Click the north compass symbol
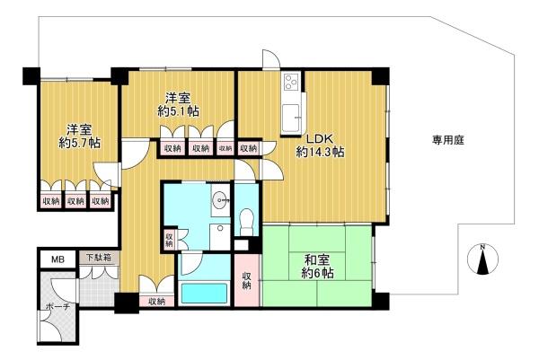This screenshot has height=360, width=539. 482,259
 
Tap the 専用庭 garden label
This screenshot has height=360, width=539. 448,140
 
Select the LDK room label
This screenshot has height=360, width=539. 320,138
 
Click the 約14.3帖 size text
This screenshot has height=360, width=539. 320,152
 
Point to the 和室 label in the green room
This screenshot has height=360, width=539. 317,260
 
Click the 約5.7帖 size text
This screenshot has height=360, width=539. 79,143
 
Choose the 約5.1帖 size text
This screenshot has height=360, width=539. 179,111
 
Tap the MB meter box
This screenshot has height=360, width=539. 57,259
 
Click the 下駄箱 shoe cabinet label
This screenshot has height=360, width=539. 98,258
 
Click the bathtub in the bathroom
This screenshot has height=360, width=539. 204,293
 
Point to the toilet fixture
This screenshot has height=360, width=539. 246,222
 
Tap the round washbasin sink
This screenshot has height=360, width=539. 220,198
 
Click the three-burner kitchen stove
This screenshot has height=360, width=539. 291,82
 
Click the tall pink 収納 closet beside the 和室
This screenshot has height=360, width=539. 247,280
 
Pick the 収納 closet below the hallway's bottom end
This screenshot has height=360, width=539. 156,302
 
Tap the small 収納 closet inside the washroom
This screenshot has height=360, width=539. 169,239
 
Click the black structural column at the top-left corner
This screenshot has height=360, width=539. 31,76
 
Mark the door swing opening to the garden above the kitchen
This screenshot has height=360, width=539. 271,59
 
